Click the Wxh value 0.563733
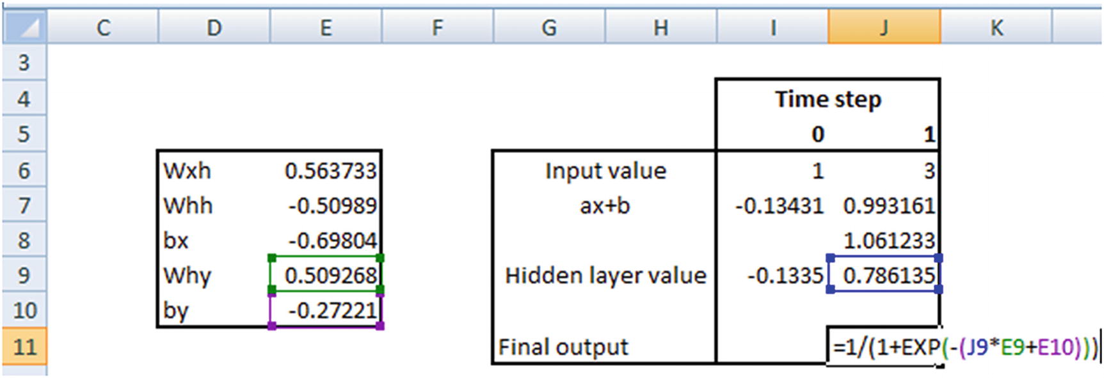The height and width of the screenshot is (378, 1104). [330, 171]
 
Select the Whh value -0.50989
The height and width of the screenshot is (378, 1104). [332, 206]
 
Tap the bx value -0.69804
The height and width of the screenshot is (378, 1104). [332, 240]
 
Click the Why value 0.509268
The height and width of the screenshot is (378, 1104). [330, 276]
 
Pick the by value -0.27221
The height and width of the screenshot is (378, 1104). [332, 310]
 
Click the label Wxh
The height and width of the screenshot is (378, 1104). [187, 171]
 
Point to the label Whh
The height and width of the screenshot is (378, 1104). [188, 206]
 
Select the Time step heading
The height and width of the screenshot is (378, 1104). [828, 99]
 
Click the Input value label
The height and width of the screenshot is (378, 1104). [605, 171]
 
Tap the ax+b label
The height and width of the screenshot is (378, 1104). [605, 206]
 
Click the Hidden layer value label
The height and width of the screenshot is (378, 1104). [605, 275]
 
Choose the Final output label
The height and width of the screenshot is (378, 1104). [563, 347]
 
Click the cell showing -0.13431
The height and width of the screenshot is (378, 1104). [779, 206]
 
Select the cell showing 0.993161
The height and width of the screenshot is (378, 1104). [889, 206]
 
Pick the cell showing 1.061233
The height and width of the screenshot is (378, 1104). [889, 240]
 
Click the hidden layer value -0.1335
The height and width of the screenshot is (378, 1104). [785, 276]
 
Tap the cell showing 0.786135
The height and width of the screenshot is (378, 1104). [889, 276]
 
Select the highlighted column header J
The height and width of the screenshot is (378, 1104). [884, 28]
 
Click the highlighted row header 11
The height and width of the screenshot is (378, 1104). [24, 347]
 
